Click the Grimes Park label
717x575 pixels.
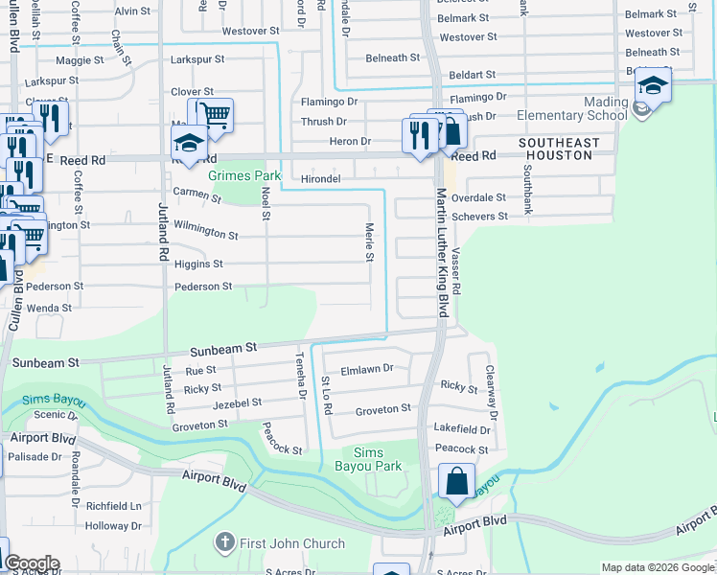point(245,176)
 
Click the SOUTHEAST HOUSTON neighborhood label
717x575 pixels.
point(559,150)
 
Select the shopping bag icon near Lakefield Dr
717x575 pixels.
point(457,480)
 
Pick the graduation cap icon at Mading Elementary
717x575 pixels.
point(652,86)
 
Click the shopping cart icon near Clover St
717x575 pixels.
point(216,115)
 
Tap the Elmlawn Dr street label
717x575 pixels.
point(367,368)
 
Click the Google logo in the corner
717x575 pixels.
point(31,563)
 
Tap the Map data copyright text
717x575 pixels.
point(658,568)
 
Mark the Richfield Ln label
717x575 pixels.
point(113,505)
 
